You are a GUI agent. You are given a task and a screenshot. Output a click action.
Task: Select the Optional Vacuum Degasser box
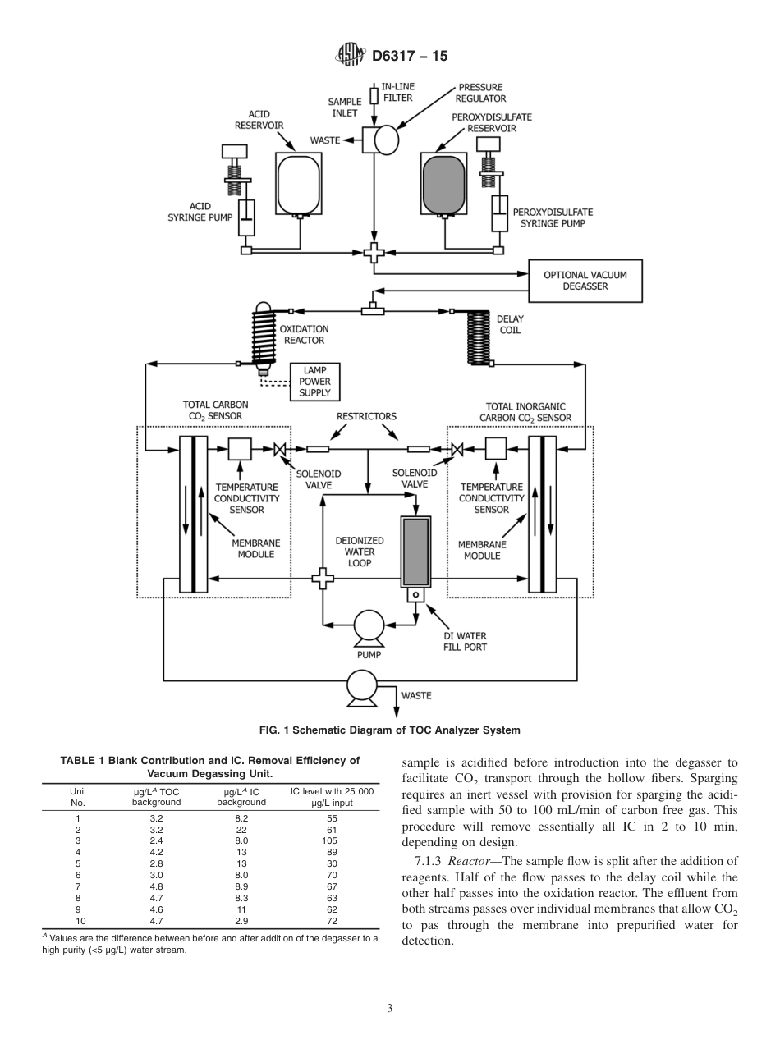tap(585, 281)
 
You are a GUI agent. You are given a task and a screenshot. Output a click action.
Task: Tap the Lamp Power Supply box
tap(315, 382)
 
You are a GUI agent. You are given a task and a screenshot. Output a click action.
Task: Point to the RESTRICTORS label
tap(366, 416)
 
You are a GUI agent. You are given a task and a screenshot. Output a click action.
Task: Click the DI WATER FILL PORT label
tap(465, 641)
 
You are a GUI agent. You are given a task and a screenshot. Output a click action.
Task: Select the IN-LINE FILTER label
tap(398, 92)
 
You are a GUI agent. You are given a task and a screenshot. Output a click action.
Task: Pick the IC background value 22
tap(241, 830)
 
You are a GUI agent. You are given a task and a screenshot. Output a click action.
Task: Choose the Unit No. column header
tap(79, 797)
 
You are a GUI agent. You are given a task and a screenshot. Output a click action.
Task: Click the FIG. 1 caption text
tap(389, 730)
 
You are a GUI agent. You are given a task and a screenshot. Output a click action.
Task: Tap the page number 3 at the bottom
tap(389, 1009)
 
